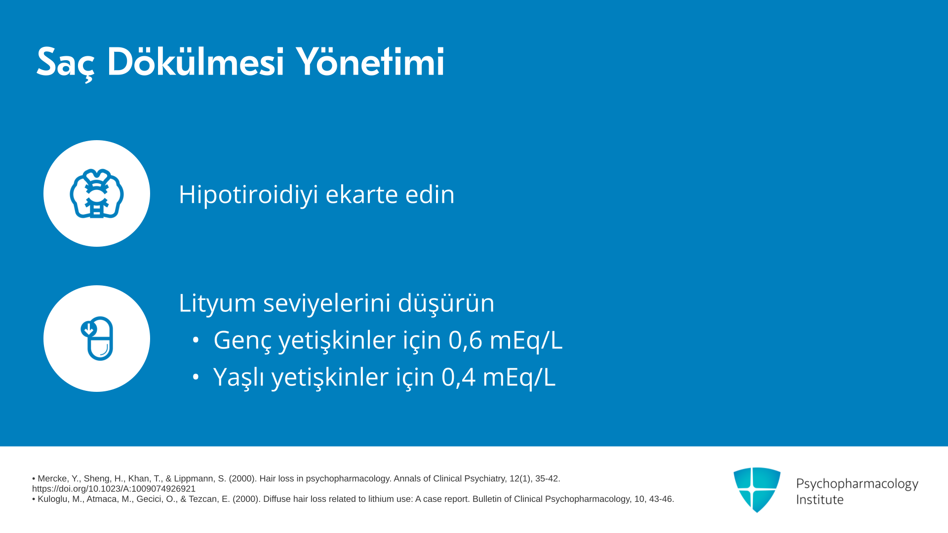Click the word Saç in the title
[x=65, y=63]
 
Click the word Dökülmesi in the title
[x=196, y=62]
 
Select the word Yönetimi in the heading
[x=370, y=62]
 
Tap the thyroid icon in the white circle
[x=97, y=193]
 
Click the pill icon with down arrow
[x=97, y=339]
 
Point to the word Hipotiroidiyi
[x=248, y=194]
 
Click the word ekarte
[x=362, y=194]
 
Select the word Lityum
[x=217, y=303]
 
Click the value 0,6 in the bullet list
[x=465, y=340]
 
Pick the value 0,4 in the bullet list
[x=458, y=377]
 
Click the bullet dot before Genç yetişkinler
[x=196, y=340]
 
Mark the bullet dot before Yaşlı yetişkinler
[x=196, y=377]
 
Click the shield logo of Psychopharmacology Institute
[x=757, y=490]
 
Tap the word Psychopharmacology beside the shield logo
[x=857, y=484]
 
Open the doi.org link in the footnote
[x=114, y=489]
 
